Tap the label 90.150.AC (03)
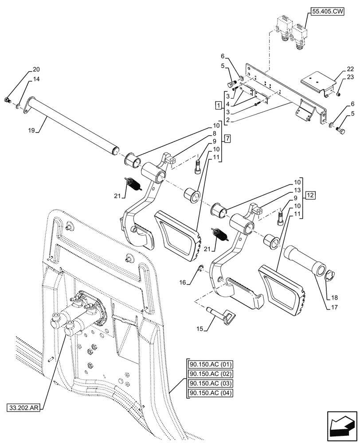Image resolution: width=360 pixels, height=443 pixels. [210, 384]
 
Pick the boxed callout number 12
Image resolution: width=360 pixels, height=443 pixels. [309, 195]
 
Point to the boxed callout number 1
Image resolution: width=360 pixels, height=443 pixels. [218, 105]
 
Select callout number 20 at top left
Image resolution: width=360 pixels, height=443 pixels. [35, 70]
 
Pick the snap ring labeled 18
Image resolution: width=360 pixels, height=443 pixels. [330, 277]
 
